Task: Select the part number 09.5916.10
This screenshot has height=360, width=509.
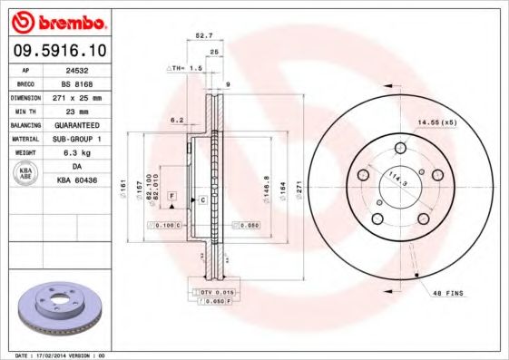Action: (x=56, y=51)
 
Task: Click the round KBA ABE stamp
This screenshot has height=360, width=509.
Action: (x=26, y=173)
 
